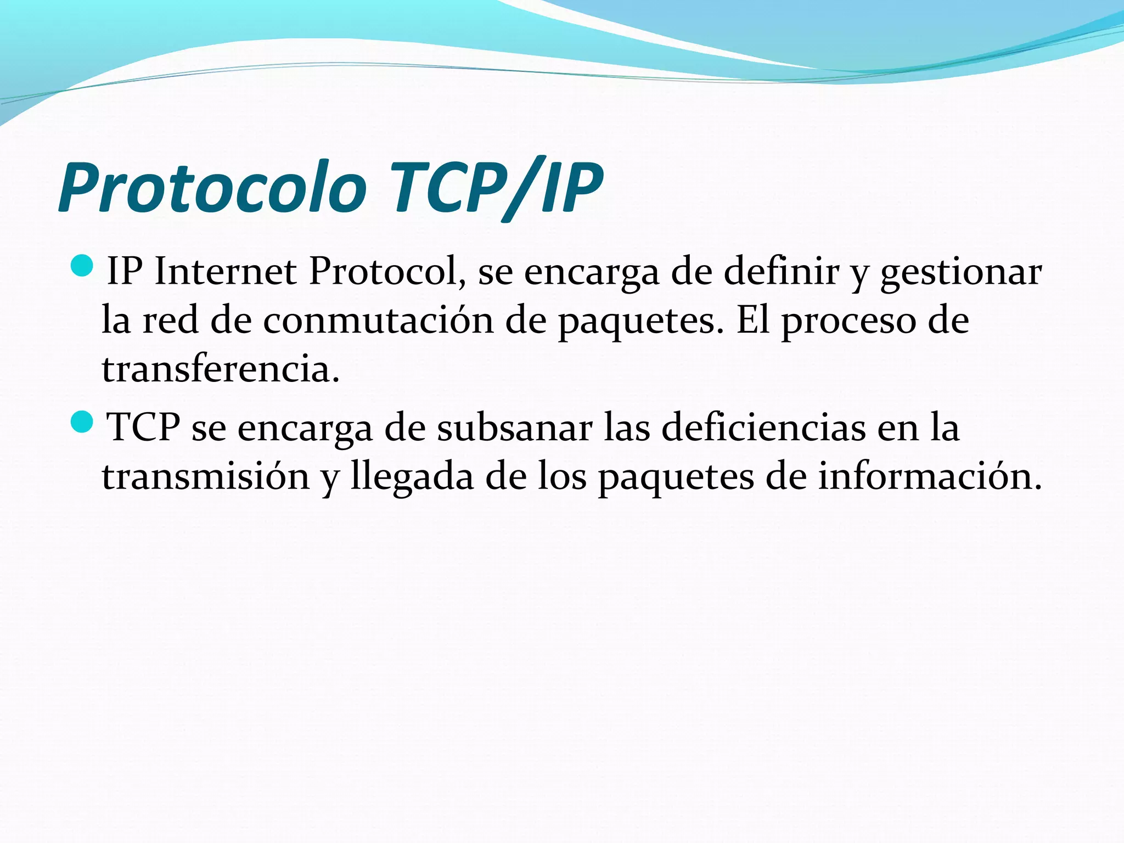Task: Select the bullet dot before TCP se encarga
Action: point(83,421)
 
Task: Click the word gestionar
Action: point(960,273)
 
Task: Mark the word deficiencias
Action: point(763,428)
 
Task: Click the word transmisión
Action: point(206,476)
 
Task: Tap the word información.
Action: point(930,476)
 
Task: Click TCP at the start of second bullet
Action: point(143,428)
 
